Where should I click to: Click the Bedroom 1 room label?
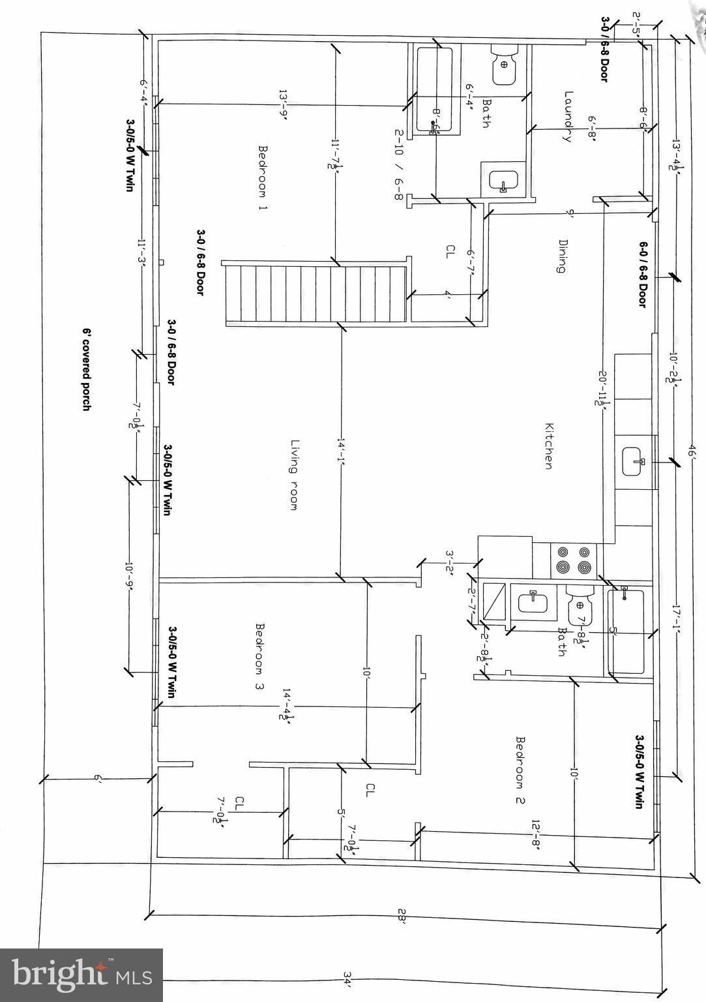click(264, 177)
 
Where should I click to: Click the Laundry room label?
click(567, 116)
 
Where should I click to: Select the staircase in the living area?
click(316, 293)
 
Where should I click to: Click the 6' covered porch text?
click(85, 369)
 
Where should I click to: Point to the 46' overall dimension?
click(692, 453)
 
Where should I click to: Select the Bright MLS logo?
click(81, 975)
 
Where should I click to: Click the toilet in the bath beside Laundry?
click(503, 65)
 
